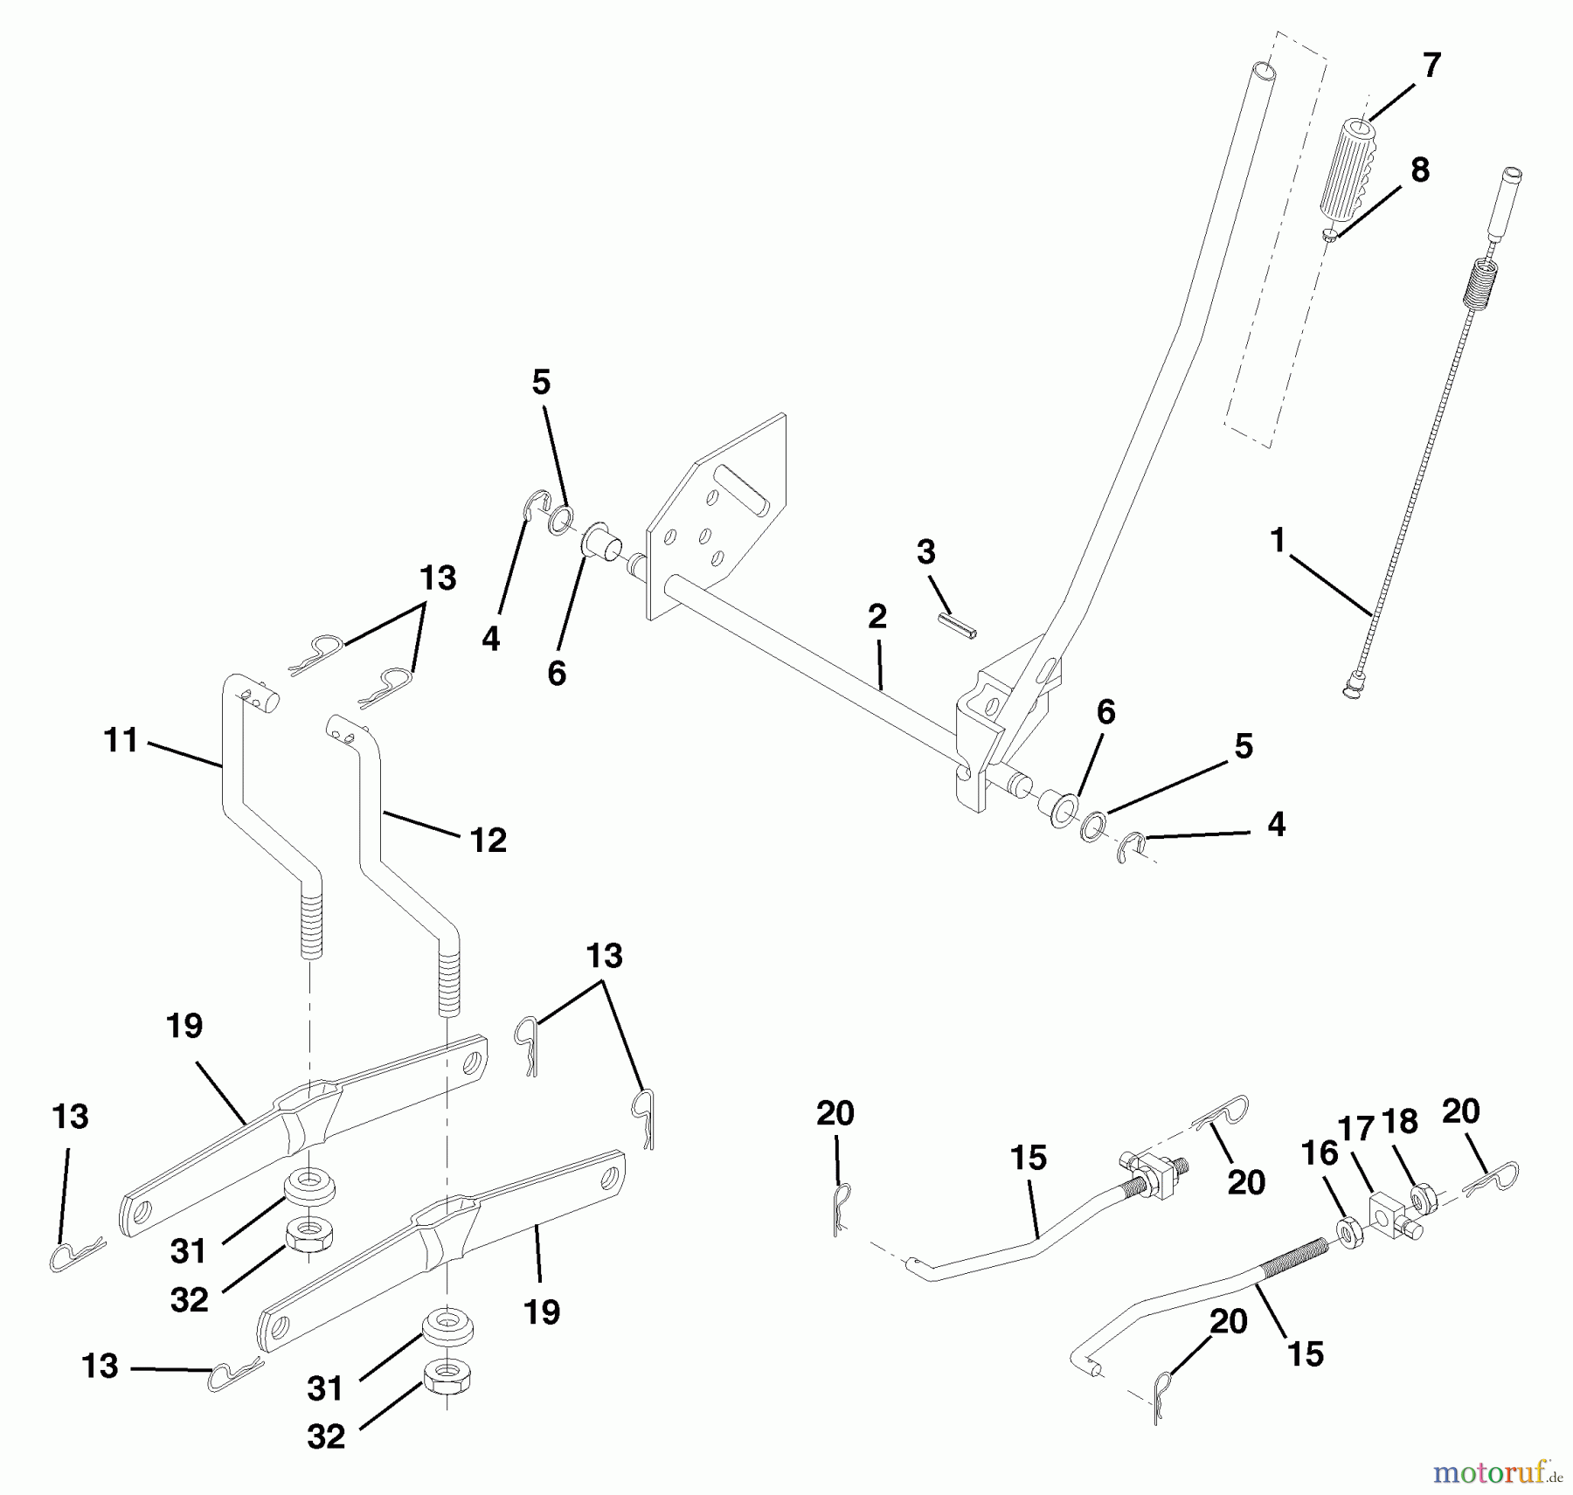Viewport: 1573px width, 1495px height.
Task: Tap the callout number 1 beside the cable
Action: tap(1278, 541)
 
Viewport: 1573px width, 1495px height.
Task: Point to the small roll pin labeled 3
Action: tap(958, 626)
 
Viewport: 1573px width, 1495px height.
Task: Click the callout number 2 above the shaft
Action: tap(877, 616)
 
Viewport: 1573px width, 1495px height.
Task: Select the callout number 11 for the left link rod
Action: tap(121, 741)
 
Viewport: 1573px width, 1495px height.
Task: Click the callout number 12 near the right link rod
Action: tap(488, 841)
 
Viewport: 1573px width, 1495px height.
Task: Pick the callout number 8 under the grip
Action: tap(1420, 170)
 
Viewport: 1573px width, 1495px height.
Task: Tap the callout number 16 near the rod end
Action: tap(1320, 1154)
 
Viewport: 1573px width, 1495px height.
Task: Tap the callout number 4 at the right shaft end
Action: tap(1276, 824)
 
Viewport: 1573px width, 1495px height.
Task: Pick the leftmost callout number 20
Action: tap(835, 1113)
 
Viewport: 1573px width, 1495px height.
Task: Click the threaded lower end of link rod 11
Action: tap(310, 922)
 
